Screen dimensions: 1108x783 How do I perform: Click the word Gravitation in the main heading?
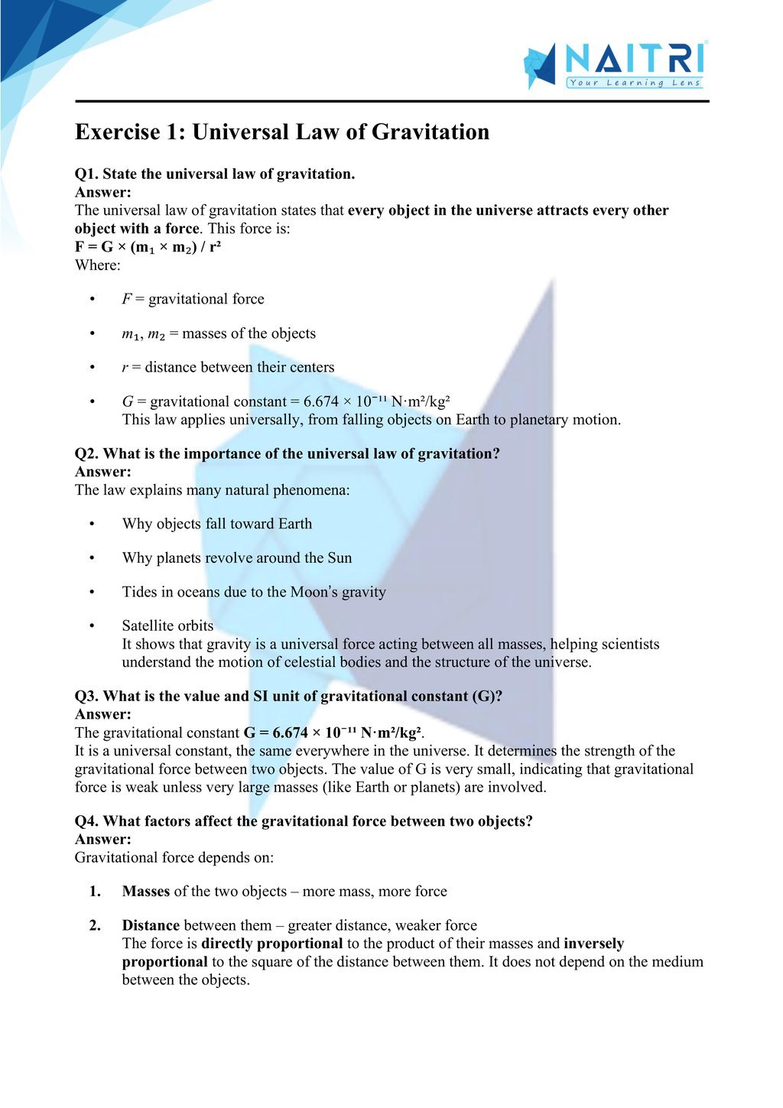coord(430,132)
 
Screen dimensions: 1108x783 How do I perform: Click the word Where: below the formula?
coord(98,265)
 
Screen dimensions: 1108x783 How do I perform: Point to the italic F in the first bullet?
coord(126,299)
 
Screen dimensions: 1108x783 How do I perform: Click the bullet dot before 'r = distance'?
coord(93,368)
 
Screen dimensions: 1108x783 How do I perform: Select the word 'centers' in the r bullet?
coord(309,367)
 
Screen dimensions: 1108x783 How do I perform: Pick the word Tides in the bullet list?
coord(139,592)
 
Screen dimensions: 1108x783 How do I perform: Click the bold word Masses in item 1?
coord(146,891)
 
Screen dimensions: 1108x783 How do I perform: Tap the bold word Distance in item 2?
coord(151,925)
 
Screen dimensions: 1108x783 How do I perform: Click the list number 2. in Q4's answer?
coord(95,925)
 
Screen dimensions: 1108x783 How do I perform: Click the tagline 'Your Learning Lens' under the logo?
coord(635,83)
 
